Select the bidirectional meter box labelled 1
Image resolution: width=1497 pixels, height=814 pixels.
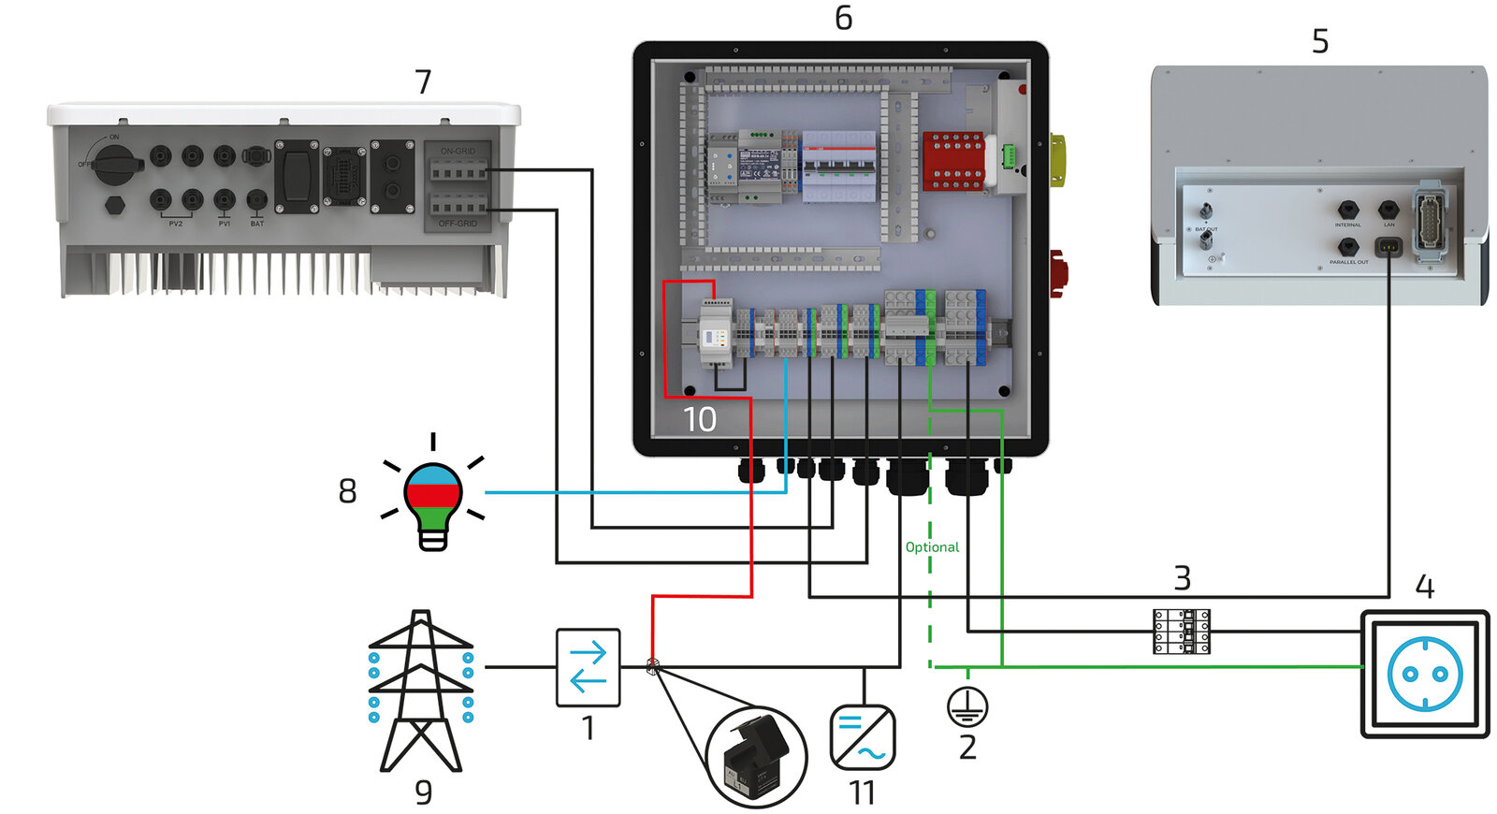click(x=588, y=667)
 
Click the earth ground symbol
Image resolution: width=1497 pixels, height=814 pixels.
click(x=967, y=706)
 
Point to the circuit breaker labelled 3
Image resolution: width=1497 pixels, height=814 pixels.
click(x=1181, y=632)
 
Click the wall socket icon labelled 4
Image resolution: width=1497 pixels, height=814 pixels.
click(x=1424, y=674)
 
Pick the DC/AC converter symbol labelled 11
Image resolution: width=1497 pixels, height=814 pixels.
click(x=862, y=737)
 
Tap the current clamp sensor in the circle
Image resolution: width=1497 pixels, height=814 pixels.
click(x=756, y=756)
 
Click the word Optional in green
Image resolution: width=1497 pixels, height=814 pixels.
click(x=932, y=547)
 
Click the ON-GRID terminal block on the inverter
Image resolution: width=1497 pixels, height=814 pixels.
click(x=458, y=169)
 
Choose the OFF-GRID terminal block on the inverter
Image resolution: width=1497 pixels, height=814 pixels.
click(x=458, y=207)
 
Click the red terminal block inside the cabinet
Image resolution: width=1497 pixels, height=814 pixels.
click(x=953, y=161)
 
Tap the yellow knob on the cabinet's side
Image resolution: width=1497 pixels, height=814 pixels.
click(x=1058, y=160)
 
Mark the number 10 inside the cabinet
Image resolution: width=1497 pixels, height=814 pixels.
click(x=699, y=419)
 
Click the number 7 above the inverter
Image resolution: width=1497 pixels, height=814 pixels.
click(x=423, y=82)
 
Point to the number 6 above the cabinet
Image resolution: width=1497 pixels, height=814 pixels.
click(x=843, y=19)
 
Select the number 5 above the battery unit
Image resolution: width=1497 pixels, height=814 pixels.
click(x=1319, y=42)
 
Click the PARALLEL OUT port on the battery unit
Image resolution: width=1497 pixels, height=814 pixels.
click(x=1347, y=247)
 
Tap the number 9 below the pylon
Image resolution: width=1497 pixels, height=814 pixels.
click(x=423, y=792)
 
